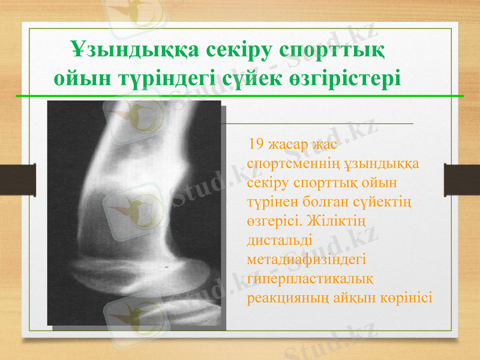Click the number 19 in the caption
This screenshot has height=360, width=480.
tap(254, 144)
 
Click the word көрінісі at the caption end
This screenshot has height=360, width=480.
tap(406, 298)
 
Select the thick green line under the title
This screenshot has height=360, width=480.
tap(240, 95)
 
